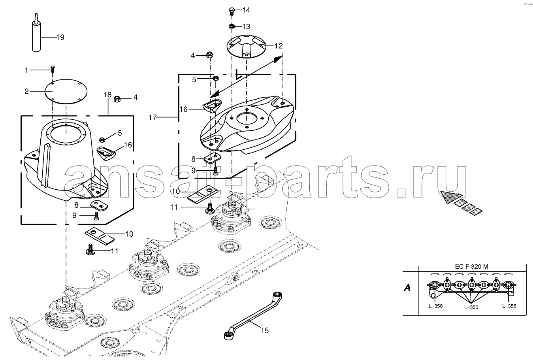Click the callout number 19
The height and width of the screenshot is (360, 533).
60,38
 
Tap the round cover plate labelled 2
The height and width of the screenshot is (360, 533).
66,91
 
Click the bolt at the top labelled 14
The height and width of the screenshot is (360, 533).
232,11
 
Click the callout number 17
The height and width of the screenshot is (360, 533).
153,117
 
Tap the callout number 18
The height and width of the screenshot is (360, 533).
107,95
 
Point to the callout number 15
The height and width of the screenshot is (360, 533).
265,330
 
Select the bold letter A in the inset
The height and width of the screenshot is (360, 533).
407,288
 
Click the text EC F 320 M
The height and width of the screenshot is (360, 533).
472,266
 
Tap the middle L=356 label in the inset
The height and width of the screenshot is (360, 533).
471,307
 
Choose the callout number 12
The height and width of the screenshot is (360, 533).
279,46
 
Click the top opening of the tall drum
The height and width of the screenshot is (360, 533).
66,135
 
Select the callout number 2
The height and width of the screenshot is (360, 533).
26,91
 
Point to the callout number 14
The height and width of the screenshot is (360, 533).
246,10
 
